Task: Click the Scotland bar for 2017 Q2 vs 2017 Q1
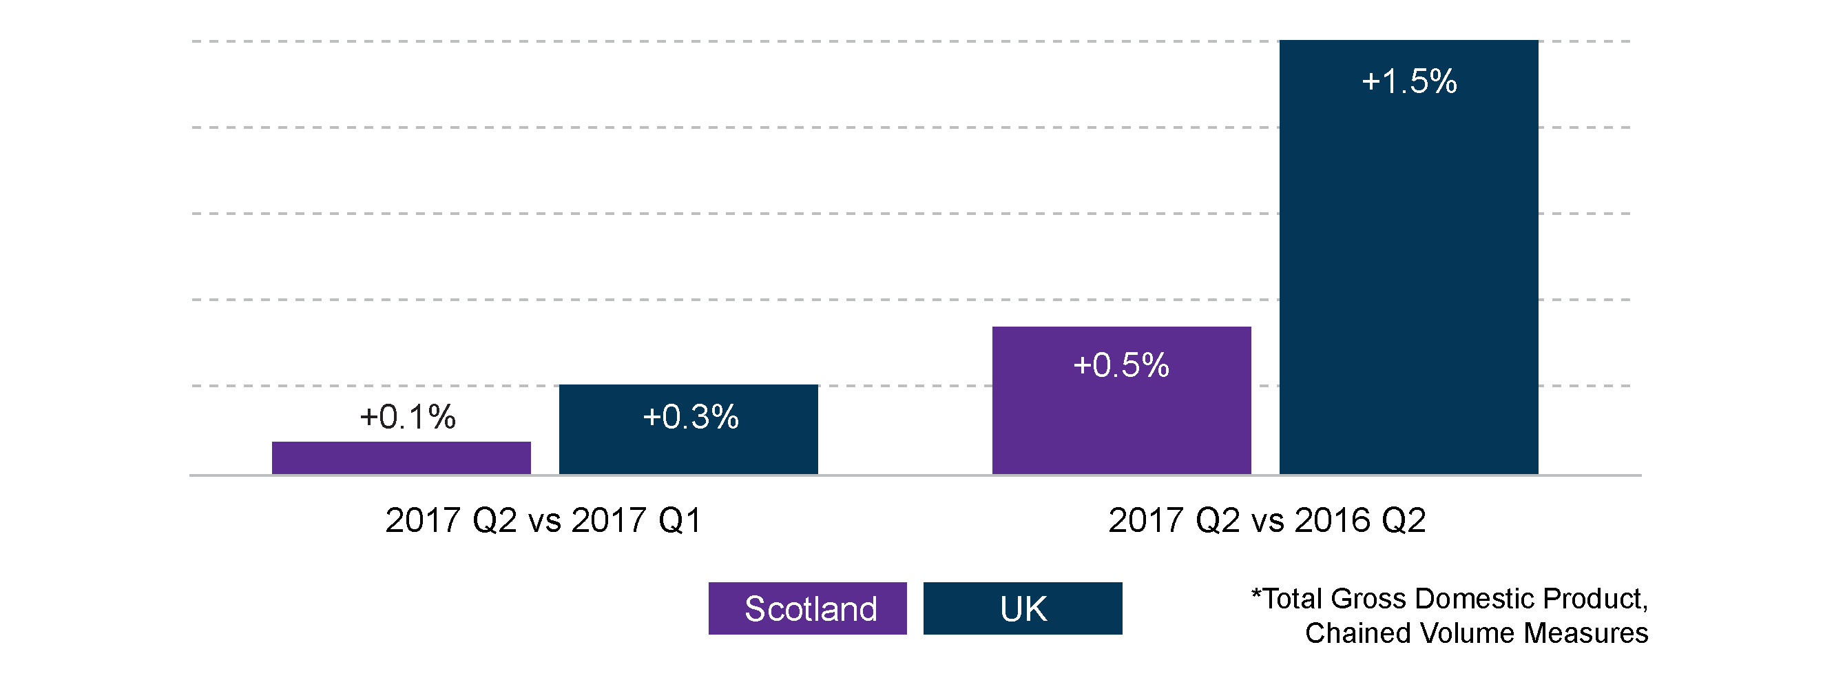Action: (x=401, y=458)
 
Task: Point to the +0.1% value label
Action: (x=407, y=418)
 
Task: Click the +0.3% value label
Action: (x=691, y=418)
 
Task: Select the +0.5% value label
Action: (x=1121, y=365)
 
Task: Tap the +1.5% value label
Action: (x=1409, y=82)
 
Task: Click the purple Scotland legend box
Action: (x=807, y=608)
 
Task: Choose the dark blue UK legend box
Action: (x=1022, y=608)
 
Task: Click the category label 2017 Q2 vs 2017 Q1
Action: (x=543, y=521)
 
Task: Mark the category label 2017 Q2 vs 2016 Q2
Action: (x=1267, y=521)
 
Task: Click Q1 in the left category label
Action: (x=680, y=521)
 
